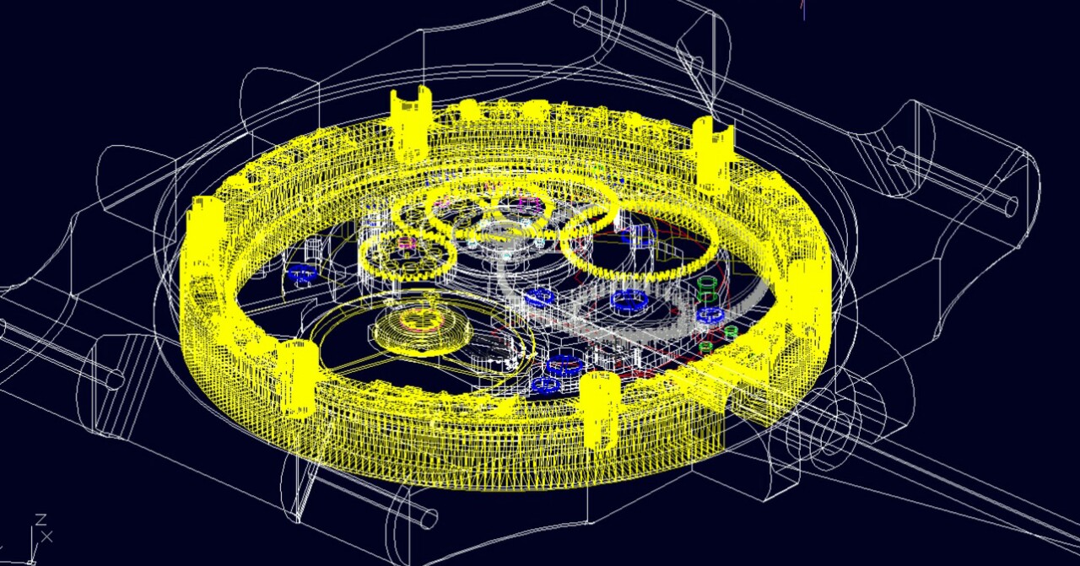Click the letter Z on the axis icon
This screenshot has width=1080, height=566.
click(41, 520)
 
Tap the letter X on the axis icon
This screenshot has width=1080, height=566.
click(46, 536)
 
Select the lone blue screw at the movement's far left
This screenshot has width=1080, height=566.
click(302, 274)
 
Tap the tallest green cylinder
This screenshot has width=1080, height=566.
click(706, 288)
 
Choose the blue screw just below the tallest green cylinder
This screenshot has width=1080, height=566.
click(710, 315)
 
